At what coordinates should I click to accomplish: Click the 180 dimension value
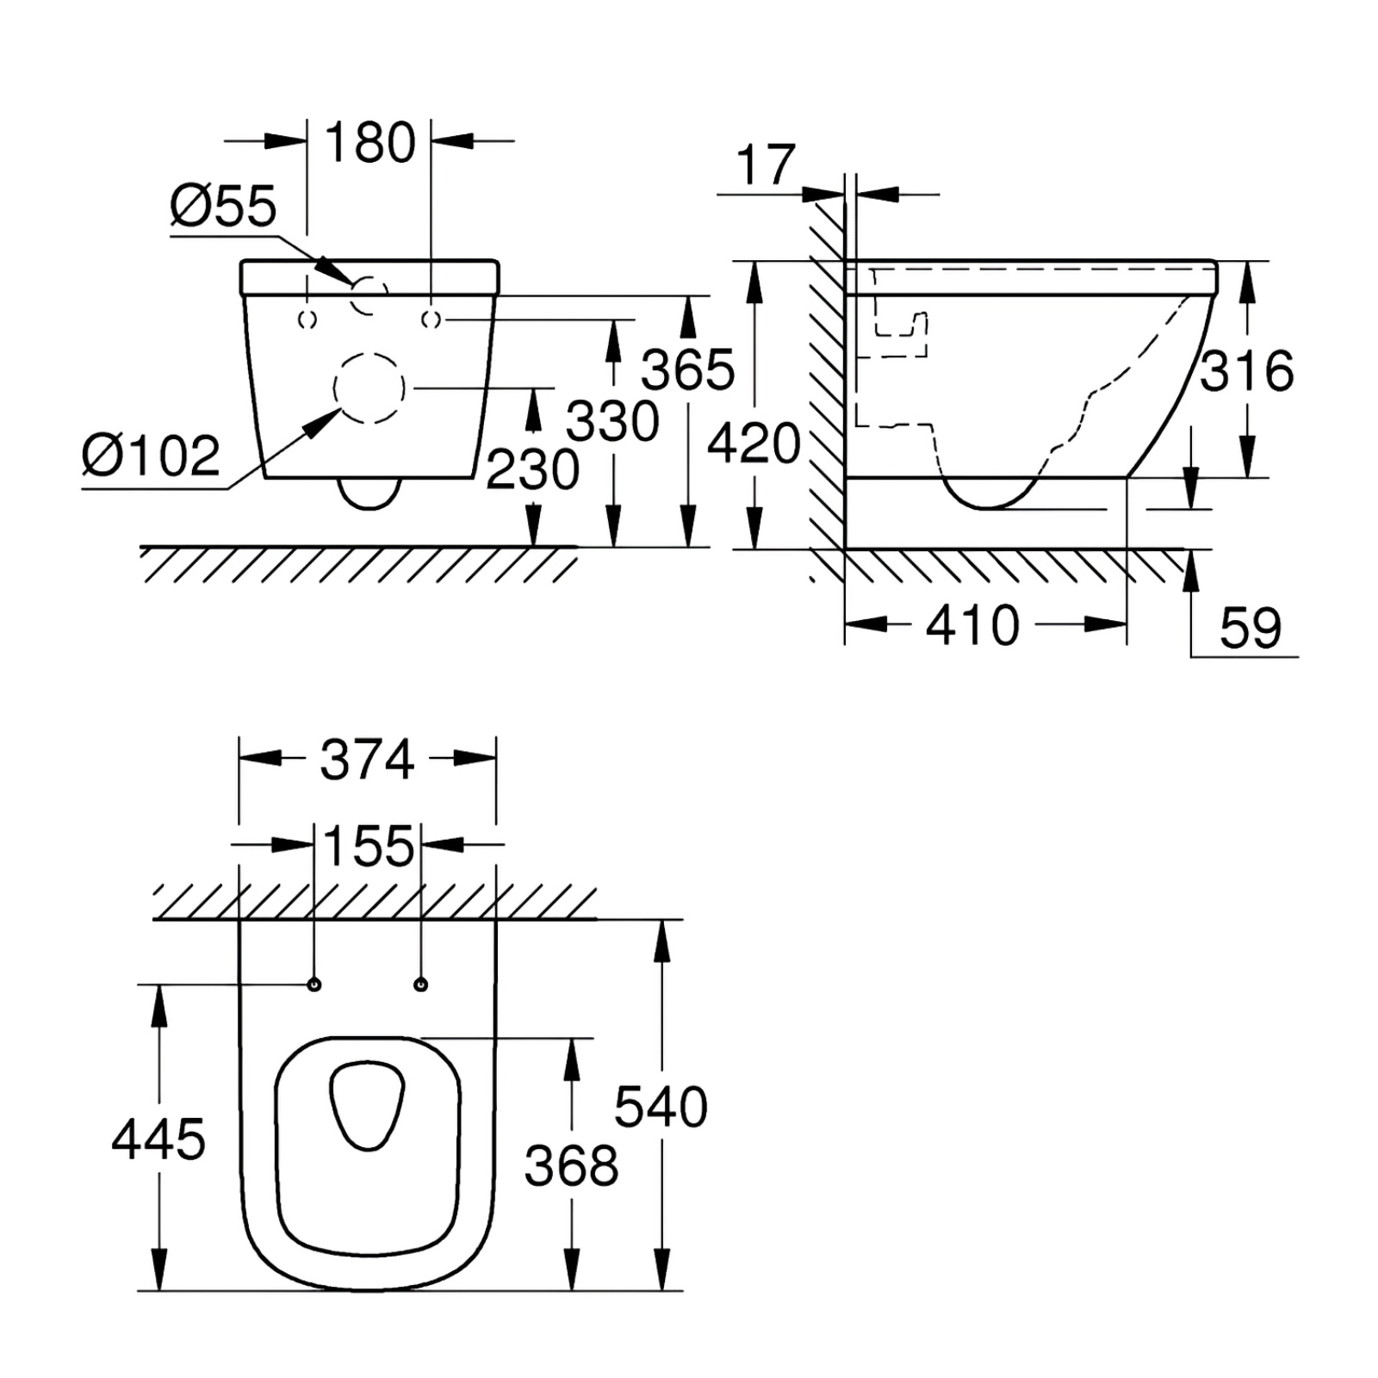[370, 143]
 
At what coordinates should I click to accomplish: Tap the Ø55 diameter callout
[223, 207]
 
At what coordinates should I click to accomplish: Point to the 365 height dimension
[688, 370]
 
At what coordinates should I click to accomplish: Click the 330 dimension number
[612, 421]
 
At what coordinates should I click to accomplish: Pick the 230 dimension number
[533, 470]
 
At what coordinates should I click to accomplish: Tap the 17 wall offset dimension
[766, 165]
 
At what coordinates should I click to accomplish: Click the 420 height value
[754, 444]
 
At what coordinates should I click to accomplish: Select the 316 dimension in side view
[1247, 371]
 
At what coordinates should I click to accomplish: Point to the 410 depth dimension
[973, 625]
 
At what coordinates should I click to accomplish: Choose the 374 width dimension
[367, 760]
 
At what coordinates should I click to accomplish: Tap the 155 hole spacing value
[369, 847]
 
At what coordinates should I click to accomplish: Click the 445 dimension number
[158, 1139]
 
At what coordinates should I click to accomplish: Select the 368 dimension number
[572, 1167]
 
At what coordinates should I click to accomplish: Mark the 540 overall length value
[661, 1108]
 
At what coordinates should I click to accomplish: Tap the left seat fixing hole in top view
[314, 984]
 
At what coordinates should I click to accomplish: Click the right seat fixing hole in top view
[421, 984]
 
